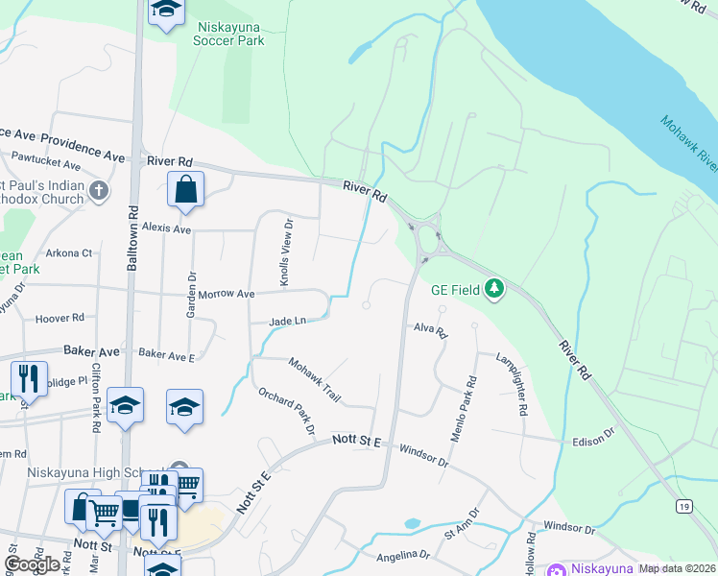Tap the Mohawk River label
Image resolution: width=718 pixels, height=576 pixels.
point(689,145)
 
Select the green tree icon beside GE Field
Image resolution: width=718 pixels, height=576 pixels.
point(494,288)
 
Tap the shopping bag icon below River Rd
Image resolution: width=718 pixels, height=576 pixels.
point(185,190)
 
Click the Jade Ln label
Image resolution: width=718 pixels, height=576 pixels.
point(287,321)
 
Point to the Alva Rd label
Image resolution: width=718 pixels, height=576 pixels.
point(431,329)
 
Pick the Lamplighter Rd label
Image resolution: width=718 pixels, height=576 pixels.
point(512,384)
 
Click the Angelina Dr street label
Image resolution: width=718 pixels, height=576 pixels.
point(403,555)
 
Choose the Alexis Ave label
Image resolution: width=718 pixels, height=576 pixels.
point(167,229)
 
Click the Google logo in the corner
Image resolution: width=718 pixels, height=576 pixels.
point(33,564)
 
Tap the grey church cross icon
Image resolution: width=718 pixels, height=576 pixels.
point(97,191)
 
